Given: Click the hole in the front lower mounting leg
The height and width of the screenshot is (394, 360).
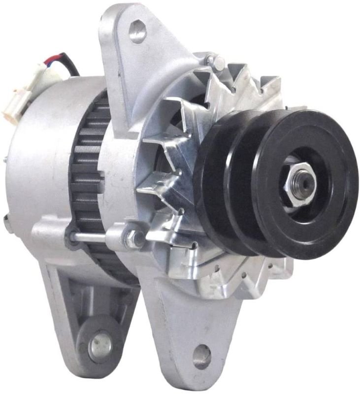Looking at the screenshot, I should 202,357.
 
